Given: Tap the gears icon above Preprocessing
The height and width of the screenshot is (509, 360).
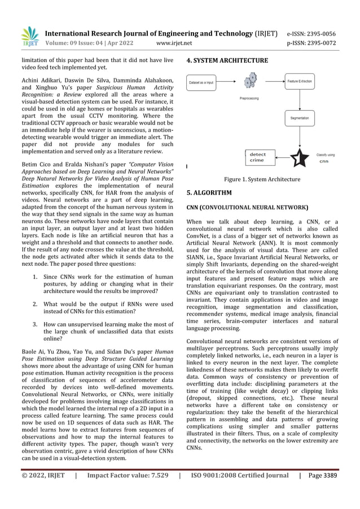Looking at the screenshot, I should [249, 82].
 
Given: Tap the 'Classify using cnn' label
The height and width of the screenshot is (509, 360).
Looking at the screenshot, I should [326, 157].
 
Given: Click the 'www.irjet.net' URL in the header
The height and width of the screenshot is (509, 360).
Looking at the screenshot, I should [173, 42].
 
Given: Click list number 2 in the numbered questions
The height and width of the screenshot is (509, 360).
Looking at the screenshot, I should [35, 304].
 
